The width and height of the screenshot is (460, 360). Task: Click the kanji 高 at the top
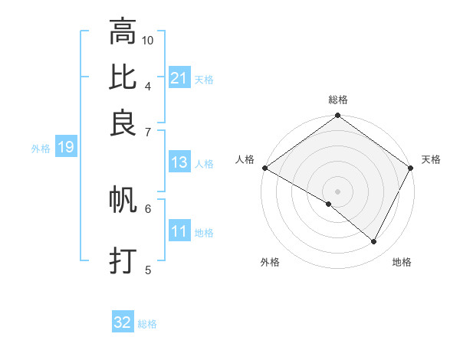tap(123, 32)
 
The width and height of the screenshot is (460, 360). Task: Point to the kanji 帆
tap(123, 201)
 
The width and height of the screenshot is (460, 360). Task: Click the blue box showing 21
tap(179, 78)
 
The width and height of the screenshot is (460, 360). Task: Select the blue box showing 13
tap(179, 162)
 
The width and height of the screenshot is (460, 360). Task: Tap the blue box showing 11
tap(179, 231)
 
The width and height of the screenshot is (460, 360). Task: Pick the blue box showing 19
tap(66, 147)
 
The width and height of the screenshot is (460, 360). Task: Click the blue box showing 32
tap(123, 322)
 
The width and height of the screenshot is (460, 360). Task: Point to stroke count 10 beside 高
tap(148, 40)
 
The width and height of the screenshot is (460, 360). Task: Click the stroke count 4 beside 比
tap(148, 85)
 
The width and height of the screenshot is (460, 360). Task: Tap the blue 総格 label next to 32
tap(147, 324)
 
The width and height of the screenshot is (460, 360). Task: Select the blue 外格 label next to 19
tap(41, 149)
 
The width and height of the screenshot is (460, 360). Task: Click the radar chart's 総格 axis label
tap(338, 100)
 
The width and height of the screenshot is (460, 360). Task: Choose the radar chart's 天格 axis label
tap(431, 159)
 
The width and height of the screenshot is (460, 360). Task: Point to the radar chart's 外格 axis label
tap(270, 262)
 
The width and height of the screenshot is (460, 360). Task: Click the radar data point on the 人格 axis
tap(264, 168)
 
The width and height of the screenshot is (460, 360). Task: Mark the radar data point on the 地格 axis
tap(374, 241)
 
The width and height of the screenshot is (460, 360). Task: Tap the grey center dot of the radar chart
tap(338, 191)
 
